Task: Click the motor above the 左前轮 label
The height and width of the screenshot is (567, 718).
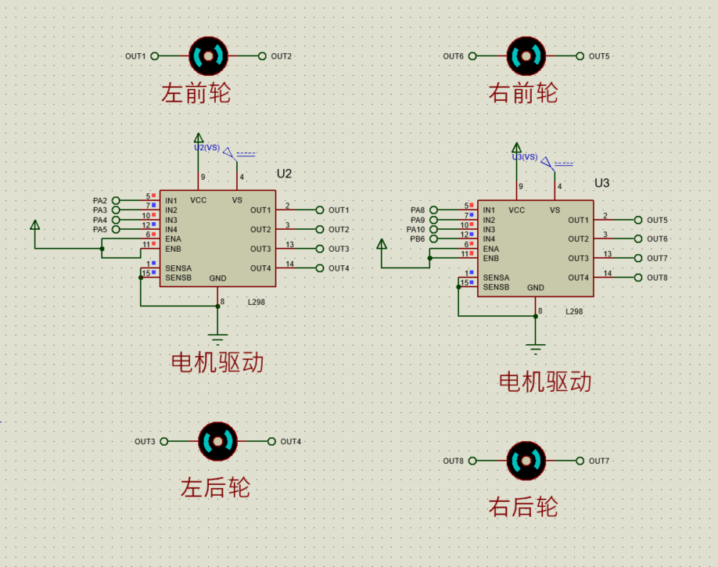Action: click(208, 56)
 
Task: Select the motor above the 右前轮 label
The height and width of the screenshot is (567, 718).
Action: click(526, 56)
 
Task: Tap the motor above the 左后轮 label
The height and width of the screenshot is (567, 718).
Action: click(218, 441)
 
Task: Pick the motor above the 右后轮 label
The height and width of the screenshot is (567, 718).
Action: click(526, 461)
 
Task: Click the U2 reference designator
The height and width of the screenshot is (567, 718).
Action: click(284, 174)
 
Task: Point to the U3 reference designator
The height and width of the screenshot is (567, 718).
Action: click(601, 183)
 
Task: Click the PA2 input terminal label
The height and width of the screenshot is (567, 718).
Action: click(100, 201)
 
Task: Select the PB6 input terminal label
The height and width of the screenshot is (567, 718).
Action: click(417, 239)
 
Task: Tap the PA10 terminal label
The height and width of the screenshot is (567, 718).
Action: click(416, 229)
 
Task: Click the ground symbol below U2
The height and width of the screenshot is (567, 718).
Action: click(217, 339)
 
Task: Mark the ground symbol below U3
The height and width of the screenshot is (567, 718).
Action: click(535, 349)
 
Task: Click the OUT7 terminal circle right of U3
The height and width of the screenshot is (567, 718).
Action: click(638, 258)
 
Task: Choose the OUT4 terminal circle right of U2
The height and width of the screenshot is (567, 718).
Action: click(320, 268)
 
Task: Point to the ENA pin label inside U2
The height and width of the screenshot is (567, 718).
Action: click(173, 239)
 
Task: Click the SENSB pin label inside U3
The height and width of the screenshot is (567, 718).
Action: click(496, 287)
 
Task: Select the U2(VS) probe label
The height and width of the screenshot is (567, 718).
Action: click(207, 148)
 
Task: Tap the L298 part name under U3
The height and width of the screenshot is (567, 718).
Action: click(574, 311)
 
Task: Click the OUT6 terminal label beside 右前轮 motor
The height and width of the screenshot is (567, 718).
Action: click(454, 56)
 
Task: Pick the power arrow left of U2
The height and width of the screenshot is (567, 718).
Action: click(34, 224)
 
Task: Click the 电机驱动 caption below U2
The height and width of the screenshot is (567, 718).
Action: click(217, 362)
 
